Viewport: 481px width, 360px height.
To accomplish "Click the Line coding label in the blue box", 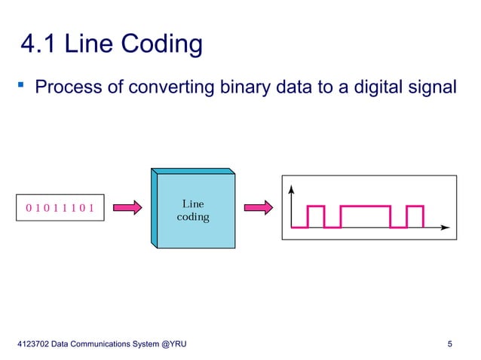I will tap(193, 210).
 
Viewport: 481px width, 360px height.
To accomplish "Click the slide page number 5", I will tap(450, 345).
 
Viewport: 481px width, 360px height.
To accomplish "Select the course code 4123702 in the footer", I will tap(33, 345).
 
